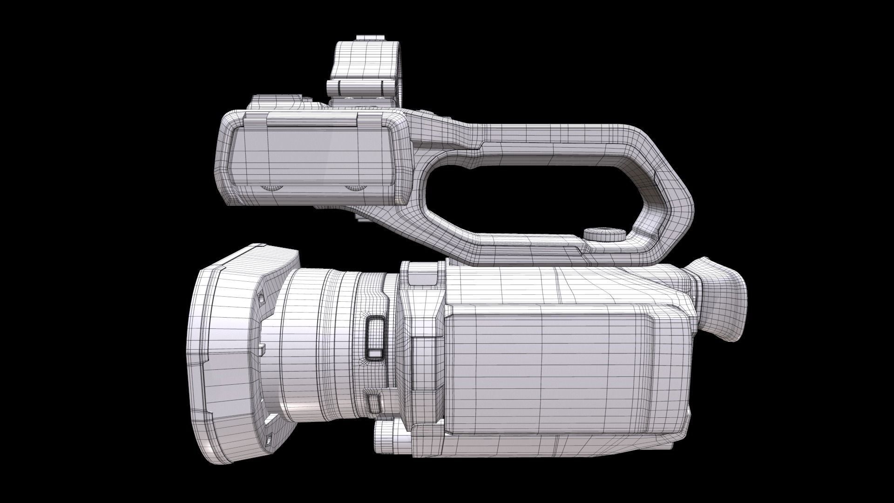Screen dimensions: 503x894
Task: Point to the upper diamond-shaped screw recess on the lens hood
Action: (x=261, y=298)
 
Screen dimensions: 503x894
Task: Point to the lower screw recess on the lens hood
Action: (x=269, y=439)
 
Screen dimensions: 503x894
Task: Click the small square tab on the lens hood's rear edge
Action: (x=262, y=347)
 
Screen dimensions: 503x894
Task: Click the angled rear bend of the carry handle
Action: (x=670, y=196)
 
